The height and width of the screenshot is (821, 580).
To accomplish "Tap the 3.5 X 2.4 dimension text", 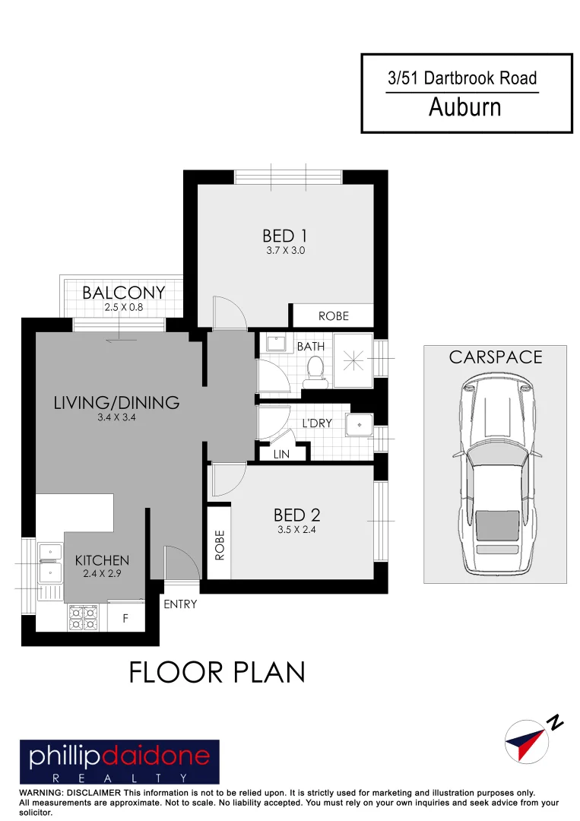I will [296, 530].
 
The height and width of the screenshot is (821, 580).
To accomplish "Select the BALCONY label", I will [124, 293].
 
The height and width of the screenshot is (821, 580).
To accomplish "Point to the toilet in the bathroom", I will [312, 369].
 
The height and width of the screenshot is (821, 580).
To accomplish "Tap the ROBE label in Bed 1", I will [333, 316].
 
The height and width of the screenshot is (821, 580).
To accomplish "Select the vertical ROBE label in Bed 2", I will [220, 545].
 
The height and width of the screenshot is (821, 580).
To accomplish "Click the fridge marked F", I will [126, 619].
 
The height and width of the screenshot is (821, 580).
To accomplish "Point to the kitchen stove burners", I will [83, 617].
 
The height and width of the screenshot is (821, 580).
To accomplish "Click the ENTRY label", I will [180, 604].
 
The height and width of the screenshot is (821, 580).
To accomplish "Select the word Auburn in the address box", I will [464, 108].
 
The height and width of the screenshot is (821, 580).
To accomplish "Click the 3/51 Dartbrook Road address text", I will [462, 78].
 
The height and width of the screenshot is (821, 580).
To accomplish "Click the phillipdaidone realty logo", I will [119, 762].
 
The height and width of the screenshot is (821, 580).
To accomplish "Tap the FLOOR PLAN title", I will [217, 673].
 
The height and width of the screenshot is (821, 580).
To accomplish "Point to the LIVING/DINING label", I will [116, 403].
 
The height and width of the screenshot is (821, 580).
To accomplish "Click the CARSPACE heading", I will [496, 357].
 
